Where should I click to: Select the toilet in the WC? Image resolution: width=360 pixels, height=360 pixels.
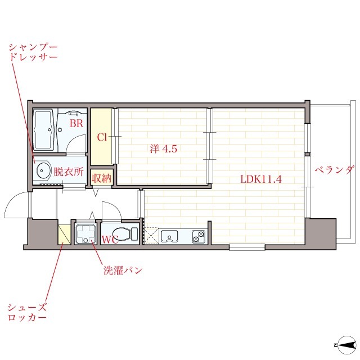click(x=125, y=233)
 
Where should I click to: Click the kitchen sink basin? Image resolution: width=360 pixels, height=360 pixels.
click(x=169, y=236)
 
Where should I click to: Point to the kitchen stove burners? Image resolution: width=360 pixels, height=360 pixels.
click(x=199, y=236)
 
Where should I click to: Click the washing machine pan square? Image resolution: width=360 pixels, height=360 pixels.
click(x=85, y=233)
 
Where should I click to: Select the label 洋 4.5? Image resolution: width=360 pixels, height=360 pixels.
click(x=164, y=149)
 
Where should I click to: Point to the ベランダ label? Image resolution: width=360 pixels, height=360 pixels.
click(x=334, y=170)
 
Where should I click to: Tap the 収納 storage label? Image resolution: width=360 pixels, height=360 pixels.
click(x=102, y=178)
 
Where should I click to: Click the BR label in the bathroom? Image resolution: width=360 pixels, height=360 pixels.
click(x=75, y=123)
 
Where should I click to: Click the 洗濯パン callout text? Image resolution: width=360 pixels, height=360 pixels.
click(x=122, y=270)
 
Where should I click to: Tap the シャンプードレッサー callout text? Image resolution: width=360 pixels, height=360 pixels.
click(x=33, y=52)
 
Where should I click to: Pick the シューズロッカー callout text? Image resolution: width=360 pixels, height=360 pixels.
click(x=27, y=312)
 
